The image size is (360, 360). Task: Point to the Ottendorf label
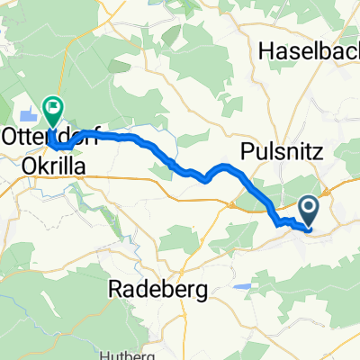(x=47, y=137)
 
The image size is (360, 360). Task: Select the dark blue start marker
(x=309, y=211)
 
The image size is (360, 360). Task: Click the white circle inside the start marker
(x=309, y=210)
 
